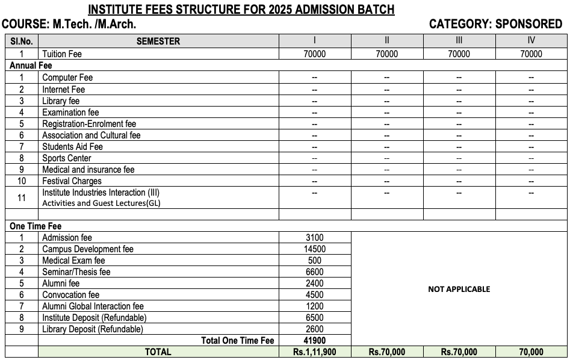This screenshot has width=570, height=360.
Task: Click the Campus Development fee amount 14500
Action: (314, 249)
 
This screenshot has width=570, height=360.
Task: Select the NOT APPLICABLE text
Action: (459, 289)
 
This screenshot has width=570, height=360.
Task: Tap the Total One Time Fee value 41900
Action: (314, 341)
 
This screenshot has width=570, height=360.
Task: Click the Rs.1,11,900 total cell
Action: (314, 352)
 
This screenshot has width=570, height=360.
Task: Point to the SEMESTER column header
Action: (158, 42)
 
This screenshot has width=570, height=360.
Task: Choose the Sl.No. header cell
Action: (22, 42)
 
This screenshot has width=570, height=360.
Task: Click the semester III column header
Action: (459, 41)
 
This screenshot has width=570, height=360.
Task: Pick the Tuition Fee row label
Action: (61, 54)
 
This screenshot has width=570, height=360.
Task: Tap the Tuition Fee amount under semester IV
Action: (531, 54)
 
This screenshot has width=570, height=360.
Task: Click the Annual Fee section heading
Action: (31, 66)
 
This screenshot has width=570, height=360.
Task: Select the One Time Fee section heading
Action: (36, 226)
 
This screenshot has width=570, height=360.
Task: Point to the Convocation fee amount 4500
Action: (314, 295)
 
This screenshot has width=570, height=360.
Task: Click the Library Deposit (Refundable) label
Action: (92, 329)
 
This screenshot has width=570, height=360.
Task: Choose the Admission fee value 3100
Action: (314, 238)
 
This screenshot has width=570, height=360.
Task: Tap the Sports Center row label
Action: (66, 158)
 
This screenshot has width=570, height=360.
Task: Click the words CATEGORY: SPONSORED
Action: (495, 25)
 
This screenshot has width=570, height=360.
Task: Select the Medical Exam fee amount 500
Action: (314, 261)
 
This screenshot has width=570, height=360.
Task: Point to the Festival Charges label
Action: (72, 181)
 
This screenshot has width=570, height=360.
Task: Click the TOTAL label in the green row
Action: (158, 352)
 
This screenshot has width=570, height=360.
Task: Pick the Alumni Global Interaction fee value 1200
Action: (314, 306)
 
